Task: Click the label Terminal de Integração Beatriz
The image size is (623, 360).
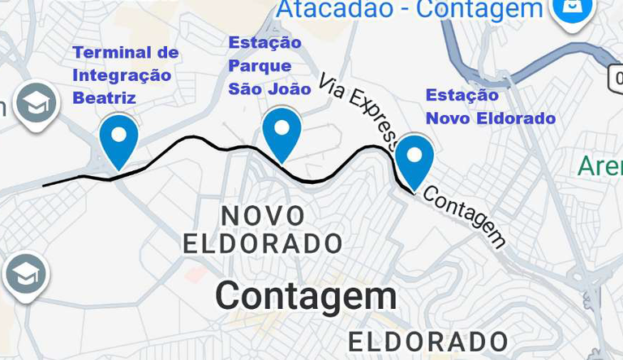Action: pos(125,75)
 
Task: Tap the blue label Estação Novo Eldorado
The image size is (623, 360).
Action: pos(491,106)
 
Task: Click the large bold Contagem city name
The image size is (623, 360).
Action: pos(306,296)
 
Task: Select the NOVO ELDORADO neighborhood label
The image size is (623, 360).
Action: pos(263,229)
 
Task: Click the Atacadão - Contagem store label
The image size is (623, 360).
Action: pos(410,10)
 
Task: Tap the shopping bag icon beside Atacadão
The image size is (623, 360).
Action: pos(572,9)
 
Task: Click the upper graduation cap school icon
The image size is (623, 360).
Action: pos(36,103)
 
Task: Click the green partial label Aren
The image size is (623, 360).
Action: pos(599,166)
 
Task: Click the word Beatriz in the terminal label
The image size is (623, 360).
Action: pos(104,98)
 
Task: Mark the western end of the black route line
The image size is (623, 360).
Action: pos(45,186)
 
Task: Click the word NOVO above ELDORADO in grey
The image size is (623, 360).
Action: pos(263,216)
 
